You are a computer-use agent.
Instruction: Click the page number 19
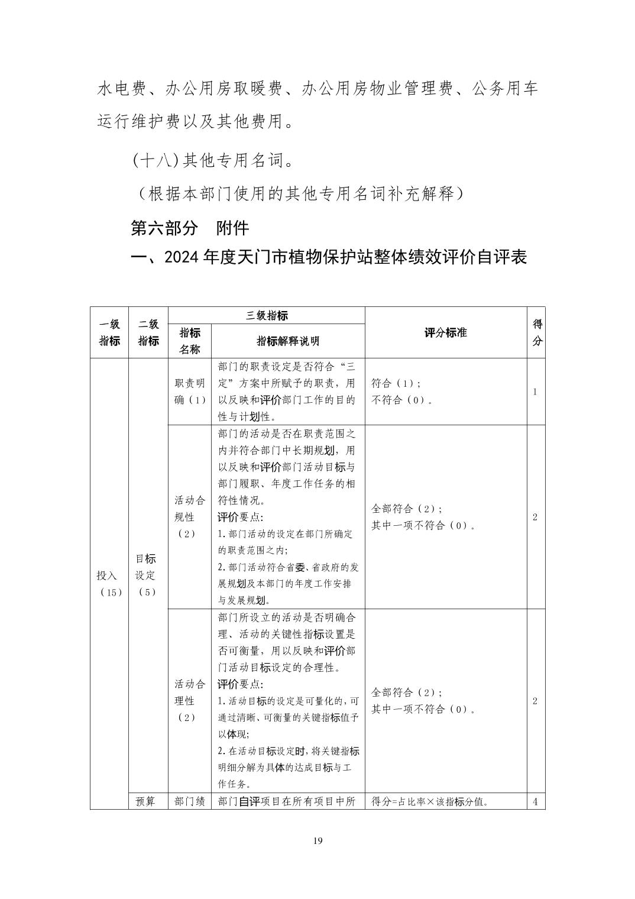pyautogui.click(x=317, y=842)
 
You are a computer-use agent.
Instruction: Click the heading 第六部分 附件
pyautogui.click(x=189, y=228)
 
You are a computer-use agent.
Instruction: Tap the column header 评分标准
pyautogui.click(x=445, y=332)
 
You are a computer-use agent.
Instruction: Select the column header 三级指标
pyautogui.click(x=267, y=316)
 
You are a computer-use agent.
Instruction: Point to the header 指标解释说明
pyautogui.click(x=288, y=341)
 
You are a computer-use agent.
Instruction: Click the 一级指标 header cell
pyautogui.click(x=109, y=332)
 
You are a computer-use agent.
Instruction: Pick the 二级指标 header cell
pyautogui.click(x=148, y=332)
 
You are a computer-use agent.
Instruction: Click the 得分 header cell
pyautogui.click(x=537, y=332)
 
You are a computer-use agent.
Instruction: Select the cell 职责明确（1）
pyautogui.click(x=190, y=392)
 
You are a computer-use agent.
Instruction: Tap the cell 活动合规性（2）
pyautogui.click(x=190, y=517)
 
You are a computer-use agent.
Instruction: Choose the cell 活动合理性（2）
pyautogui.click(x=190, y=701)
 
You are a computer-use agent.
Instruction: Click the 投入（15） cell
pyautogui.click(x=109, y=583)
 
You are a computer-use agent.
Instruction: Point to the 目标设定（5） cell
pyautogui.click(x=146, y=575)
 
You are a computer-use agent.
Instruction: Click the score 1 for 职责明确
pyautogui.click(x=535, y=392)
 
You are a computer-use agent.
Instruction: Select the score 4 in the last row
pyautogui.click(x=535, y=802)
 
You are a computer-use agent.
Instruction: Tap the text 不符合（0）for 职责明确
pyautogui.click(x=401, y=400)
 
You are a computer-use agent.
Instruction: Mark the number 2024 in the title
pyautogui.click(x=183, y=257)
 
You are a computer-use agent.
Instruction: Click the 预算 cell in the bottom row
pyautogui.click(x=145, y=801)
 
